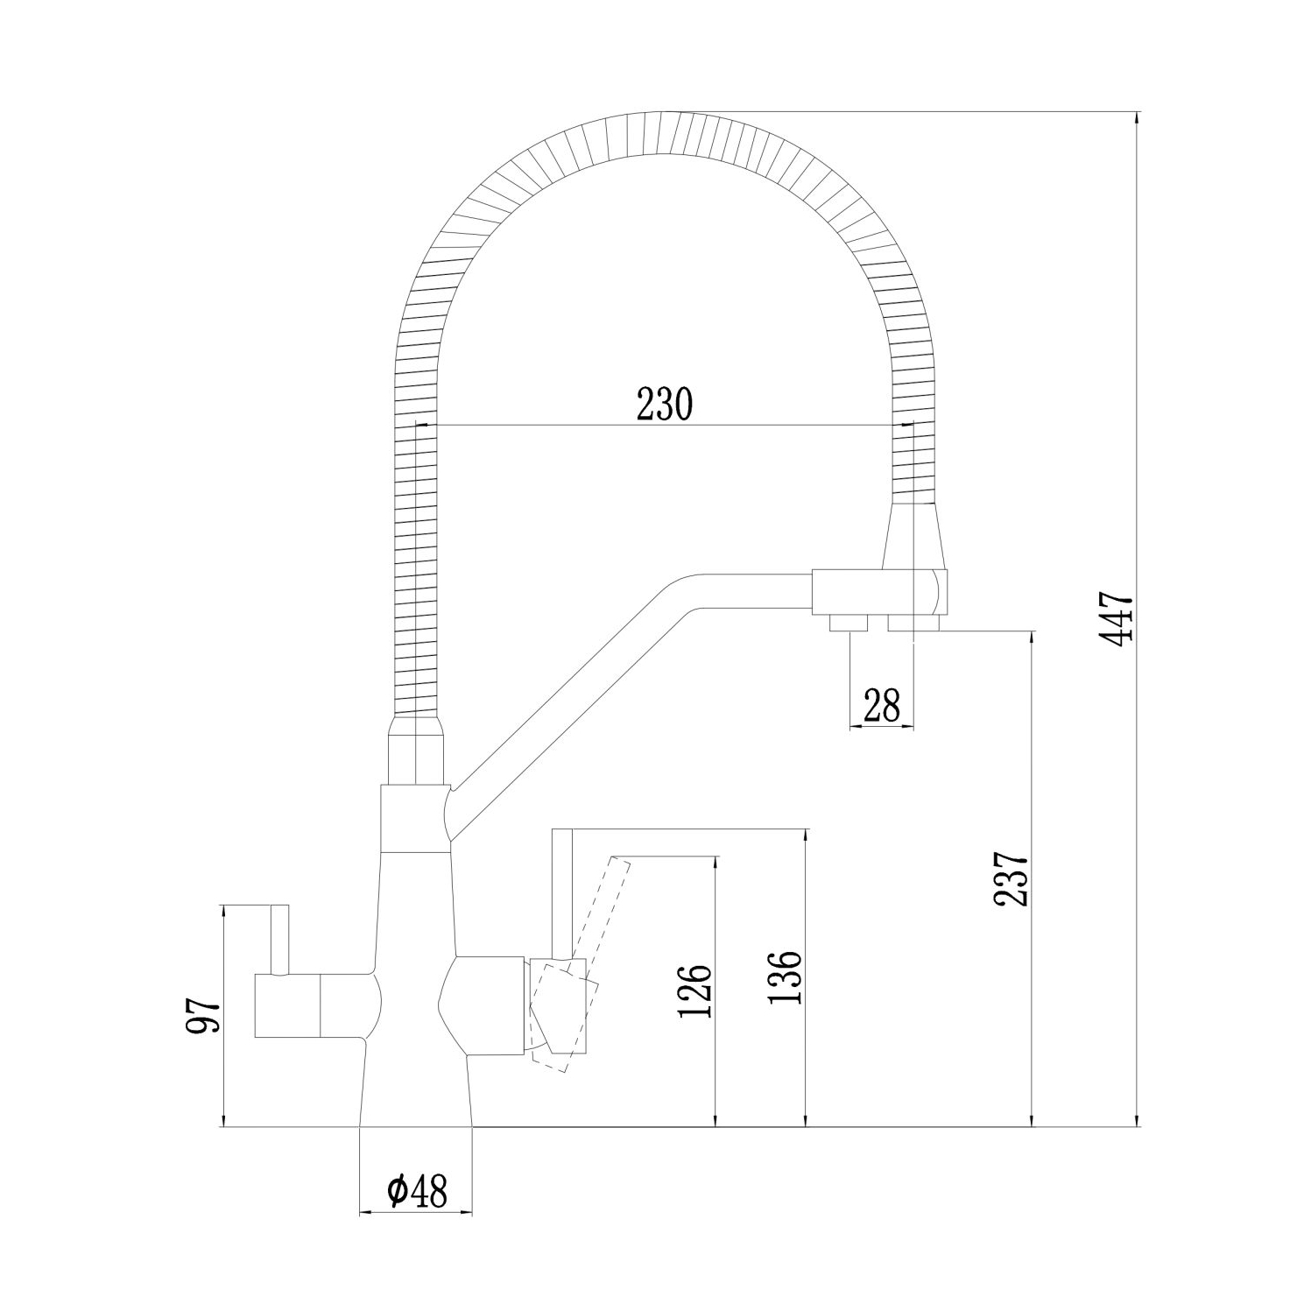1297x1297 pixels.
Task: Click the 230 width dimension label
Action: coord(664,404)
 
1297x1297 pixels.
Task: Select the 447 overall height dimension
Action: coord(1117,619)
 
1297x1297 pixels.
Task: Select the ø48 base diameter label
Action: coord(416,1190)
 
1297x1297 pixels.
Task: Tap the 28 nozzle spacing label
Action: coord(881,706)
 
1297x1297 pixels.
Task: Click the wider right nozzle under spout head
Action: coord(913,623)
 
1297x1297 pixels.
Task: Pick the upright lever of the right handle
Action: coord(561,893)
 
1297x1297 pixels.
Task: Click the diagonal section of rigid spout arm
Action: coord(560,692)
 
